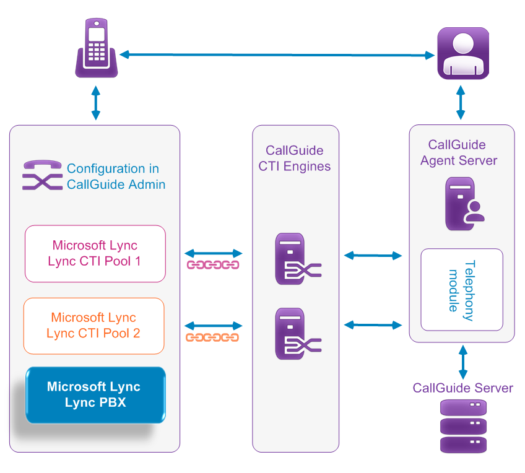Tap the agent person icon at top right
(462, 53)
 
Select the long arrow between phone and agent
(277, 55)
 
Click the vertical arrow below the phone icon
(95, 103)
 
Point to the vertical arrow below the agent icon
(461, 103)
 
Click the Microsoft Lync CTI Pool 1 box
(95, 253)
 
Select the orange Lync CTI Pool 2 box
(93, 326)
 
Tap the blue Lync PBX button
(95, 395)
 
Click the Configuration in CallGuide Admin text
(113, 176)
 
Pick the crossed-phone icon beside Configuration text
(42, 175)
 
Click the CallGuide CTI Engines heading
(295, 158)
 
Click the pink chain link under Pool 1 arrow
(213, 266)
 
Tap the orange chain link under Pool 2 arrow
(212, 337)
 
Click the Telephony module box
(462, 290)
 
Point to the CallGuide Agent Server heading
(458, 153)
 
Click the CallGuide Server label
(462, 388)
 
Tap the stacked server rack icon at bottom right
(462, 427)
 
